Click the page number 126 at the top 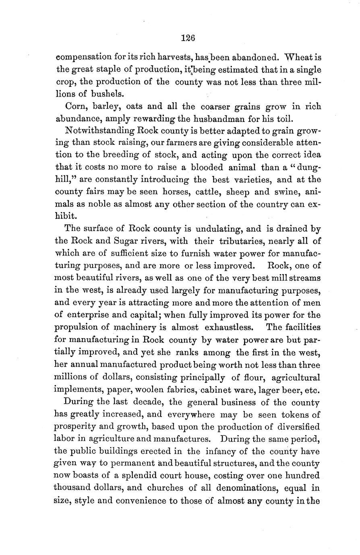click(188, 38)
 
